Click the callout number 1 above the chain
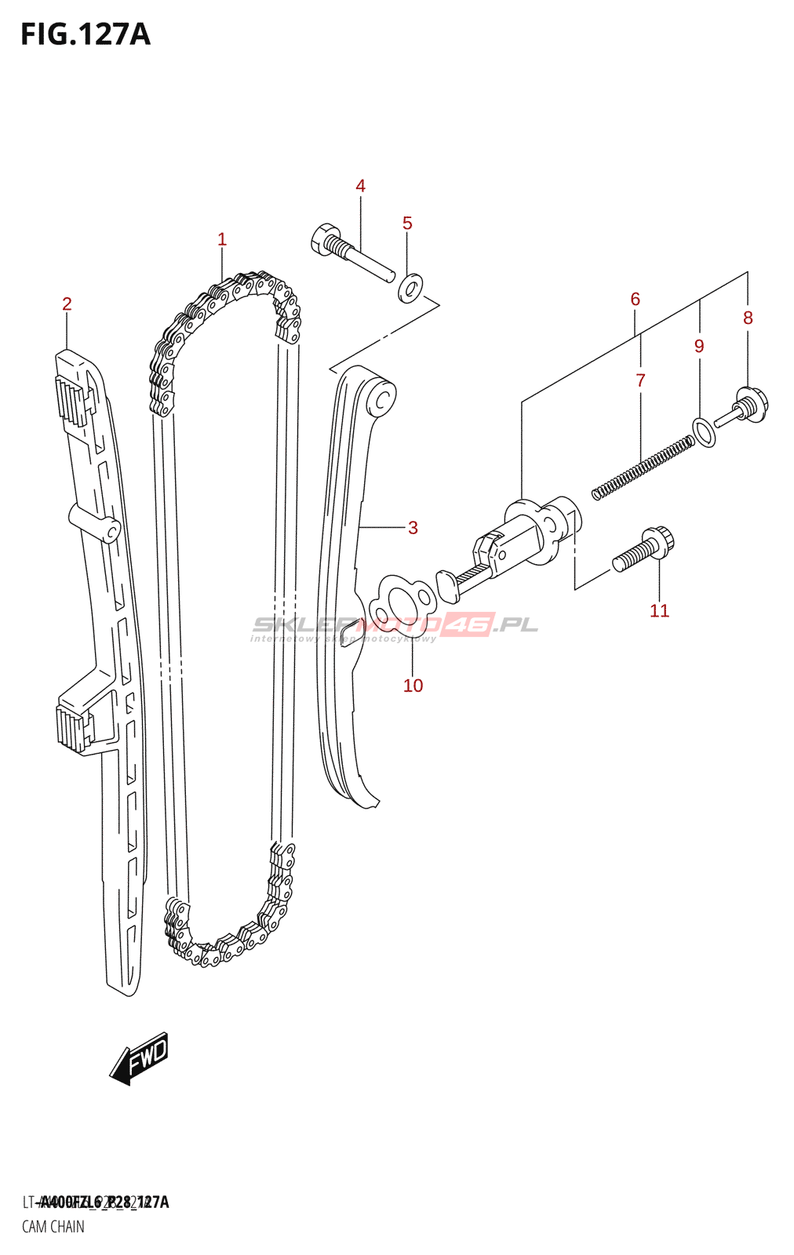click(222, 239)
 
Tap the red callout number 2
click(67, 304)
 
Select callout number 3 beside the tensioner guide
click(413, 528)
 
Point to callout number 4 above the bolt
click(360, 186)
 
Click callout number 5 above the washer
click(407, 223)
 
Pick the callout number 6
click(635, 299)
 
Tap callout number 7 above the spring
click(640, 380)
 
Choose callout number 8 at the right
click(748, 318)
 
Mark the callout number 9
click(699, 346)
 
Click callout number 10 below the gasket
click(413, 686)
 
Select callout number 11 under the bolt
click(659, 611)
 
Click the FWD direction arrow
click(140, 1058)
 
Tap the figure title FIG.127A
click(85, 35)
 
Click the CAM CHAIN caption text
click(53, 1227)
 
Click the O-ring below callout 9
click(705, 432)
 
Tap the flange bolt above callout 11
click(643, 549)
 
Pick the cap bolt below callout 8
click(744, 408)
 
